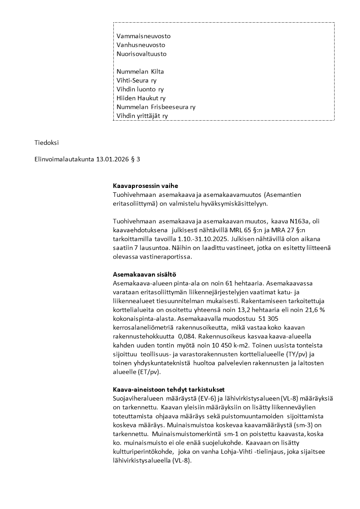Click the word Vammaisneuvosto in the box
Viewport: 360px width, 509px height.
pos(144,36)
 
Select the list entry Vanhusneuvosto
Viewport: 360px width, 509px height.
pos(141,45)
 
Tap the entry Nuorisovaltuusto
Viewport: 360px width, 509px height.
pos(141,54)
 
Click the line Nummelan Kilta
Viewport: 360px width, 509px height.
pos(140,72)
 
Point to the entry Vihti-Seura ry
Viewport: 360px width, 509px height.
pos(136,80)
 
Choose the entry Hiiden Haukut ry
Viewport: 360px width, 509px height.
pos(141,98)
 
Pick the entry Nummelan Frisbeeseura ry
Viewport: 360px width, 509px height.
pos(156,107)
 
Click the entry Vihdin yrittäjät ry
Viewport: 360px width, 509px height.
pos(142,116)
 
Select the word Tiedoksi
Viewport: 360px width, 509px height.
pos(47,142)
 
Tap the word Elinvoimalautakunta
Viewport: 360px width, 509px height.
pos(64,159)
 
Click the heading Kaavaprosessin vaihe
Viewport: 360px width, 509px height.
pos(146,186)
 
